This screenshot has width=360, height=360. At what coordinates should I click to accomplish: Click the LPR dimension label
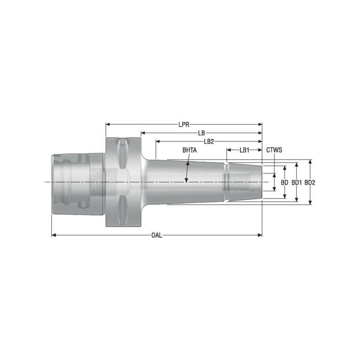click(184, 124)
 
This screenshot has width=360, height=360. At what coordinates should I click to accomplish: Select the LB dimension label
click(202, 133)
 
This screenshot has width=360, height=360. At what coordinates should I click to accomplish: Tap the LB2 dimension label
click(208, 141)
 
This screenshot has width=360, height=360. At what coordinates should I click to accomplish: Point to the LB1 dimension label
click(244, 150)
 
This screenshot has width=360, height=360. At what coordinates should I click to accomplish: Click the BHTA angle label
click(189, 150)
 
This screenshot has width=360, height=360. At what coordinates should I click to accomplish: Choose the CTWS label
click(274, 150)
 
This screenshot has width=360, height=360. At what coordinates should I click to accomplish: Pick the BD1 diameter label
click(296, 183)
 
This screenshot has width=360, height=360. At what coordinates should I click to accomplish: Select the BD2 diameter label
click(310, 183)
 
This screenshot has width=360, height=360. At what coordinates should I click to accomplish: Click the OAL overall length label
click(157, 235)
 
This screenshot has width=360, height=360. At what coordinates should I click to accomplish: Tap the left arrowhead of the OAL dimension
click(54, 235)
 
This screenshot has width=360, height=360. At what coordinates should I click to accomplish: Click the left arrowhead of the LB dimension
click(143, 133)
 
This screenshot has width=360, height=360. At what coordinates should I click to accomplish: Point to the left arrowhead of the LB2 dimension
click(158, 141)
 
